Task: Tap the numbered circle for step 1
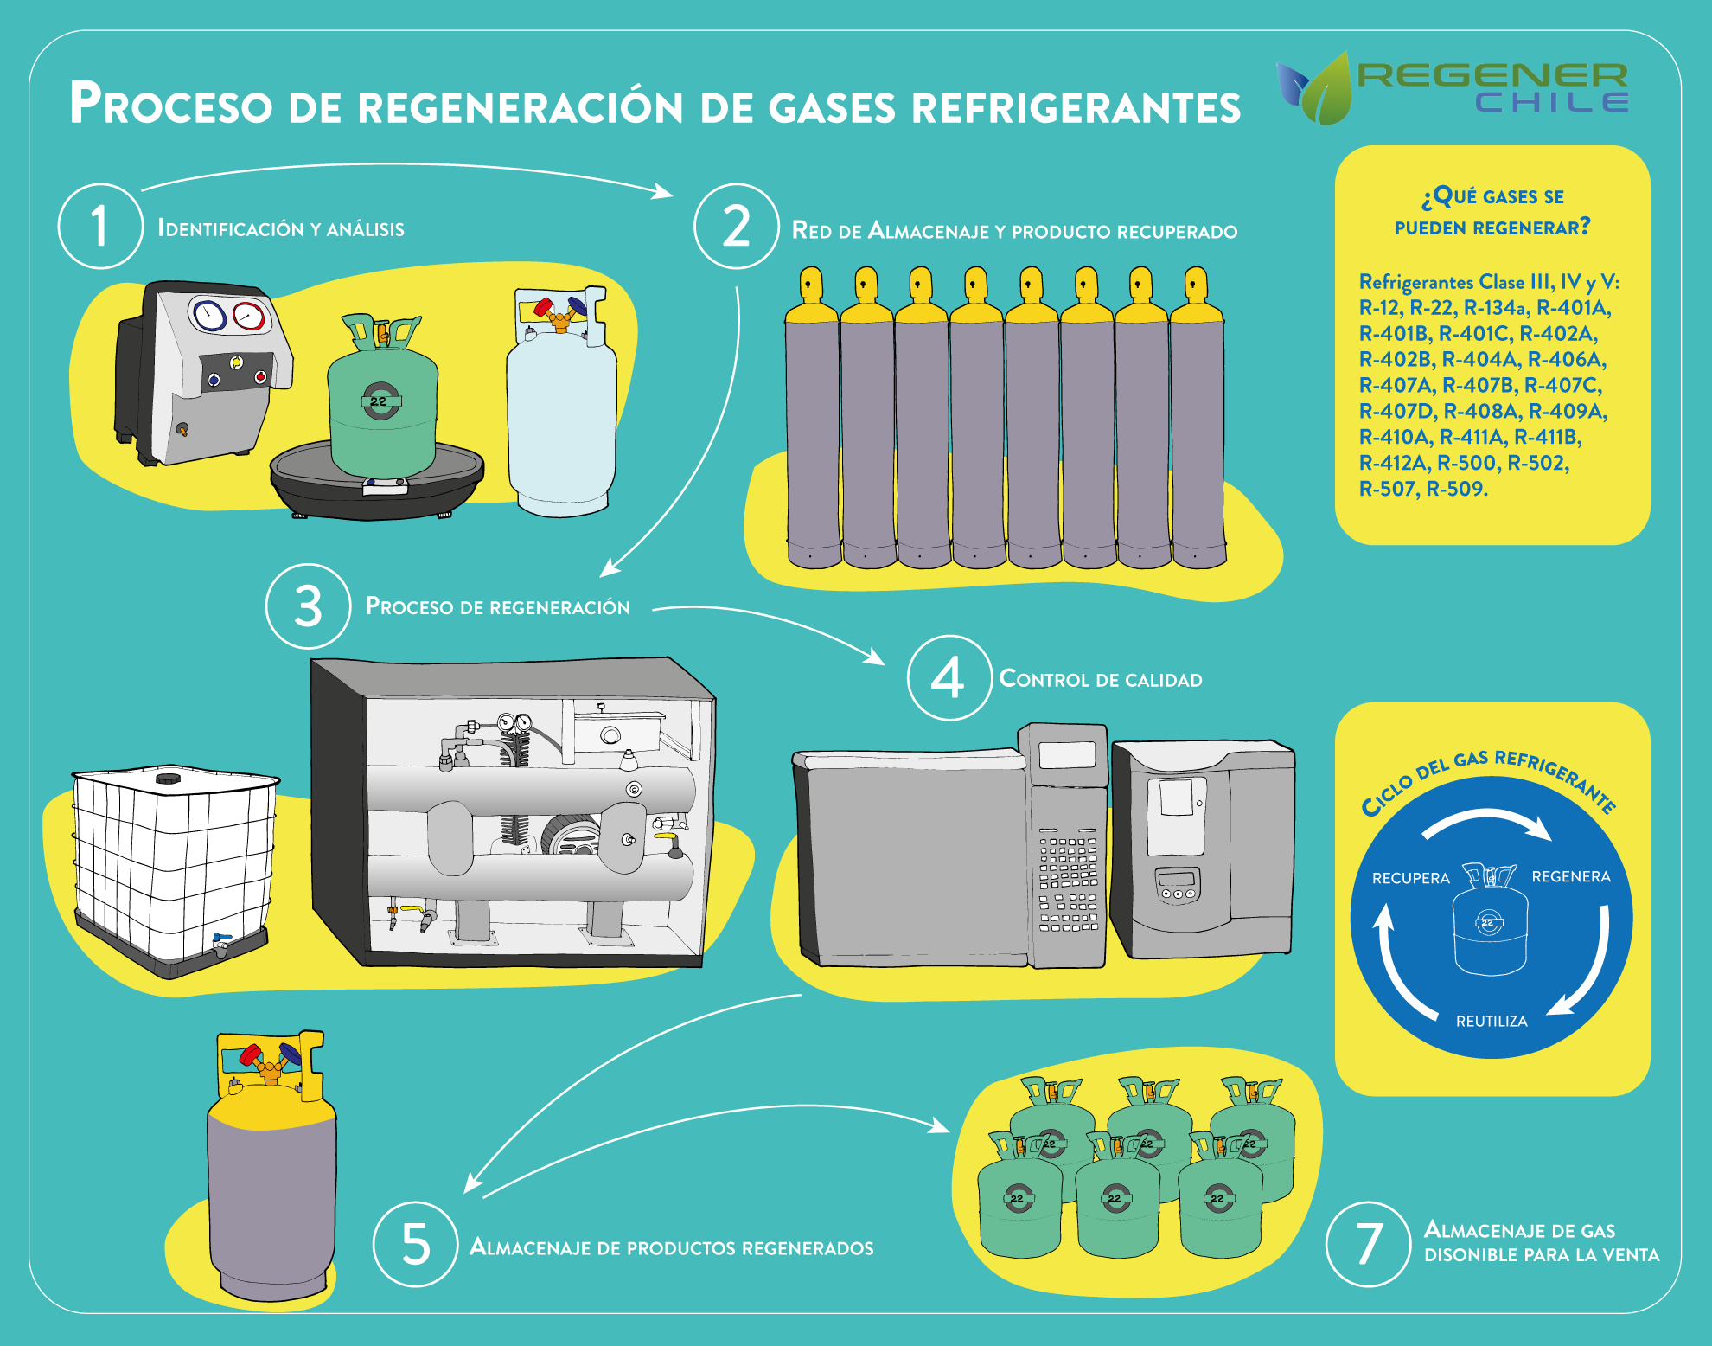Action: [100, 226]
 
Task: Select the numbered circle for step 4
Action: [949, 677]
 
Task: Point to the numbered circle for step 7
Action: [1369, 1244]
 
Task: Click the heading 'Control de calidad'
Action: [1101, 679]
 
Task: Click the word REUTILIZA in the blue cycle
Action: [1492, 1022]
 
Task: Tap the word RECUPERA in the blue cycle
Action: [1411, 878]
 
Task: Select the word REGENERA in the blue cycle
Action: [1571, 876]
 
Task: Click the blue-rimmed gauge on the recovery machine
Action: [208, 315]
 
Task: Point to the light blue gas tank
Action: [561, 402]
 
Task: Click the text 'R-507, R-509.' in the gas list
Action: [1423, 489]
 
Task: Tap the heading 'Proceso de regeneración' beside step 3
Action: [498, 606]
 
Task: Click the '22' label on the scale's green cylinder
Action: [379, 401]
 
